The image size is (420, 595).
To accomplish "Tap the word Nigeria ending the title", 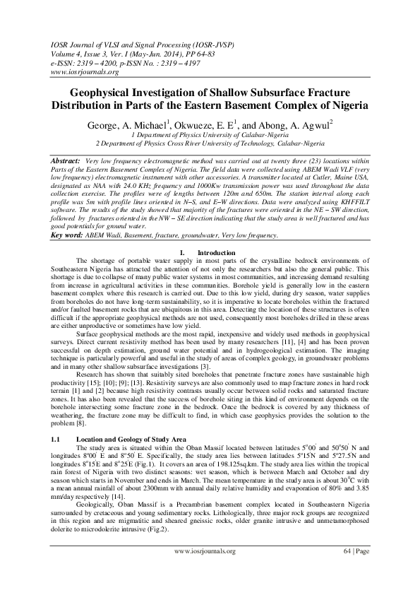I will tap(344, 106).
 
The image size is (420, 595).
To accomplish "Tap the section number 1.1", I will tap(58, 439).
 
